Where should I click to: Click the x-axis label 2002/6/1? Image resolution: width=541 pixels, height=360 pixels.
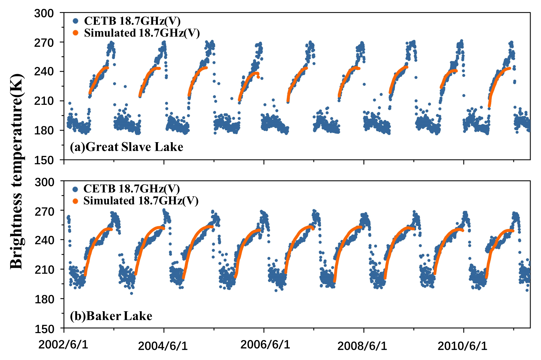pyautogui.click(x=63, y=344)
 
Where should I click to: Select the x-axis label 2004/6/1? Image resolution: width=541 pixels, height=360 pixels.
pyautogui.click(x=163, y=346)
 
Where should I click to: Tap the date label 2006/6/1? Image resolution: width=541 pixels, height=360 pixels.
pyautogui.click(x=265, y=344)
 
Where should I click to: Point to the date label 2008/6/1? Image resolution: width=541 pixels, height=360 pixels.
pyautogui.click(x=362, y=346)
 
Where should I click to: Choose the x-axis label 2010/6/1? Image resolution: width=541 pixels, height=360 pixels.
pyautogui.click(x=462, y=346)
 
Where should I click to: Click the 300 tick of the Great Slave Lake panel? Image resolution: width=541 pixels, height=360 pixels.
pyautogui.click(x=44, y=13)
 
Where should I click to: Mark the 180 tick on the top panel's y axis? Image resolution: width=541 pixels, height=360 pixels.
pyautogui.click(x=44, y=130)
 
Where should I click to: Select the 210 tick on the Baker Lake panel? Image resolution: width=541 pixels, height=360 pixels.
pyautogui.click(x=44, y=270)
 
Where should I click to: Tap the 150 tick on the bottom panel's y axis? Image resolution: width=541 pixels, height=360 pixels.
pyautogui.click(x=44, y=329)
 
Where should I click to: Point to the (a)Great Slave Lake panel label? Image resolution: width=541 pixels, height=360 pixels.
pyautogui.click(x=127, y=147)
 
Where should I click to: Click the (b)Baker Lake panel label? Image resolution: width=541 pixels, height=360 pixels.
pyautogui.click(x=111, y=316)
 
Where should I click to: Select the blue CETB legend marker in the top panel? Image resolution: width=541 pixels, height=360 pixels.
pyautogui.click(x=75, y=21)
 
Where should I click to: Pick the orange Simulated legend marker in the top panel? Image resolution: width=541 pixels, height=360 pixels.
pyautogui.click(x=75, y=33)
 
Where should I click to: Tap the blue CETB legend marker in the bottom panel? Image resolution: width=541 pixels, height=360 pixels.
pyautogui.click(x=75, y=189)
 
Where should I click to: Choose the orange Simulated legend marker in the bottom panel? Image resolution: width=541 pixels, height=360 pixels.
pyautogui.click(x=75, y=201)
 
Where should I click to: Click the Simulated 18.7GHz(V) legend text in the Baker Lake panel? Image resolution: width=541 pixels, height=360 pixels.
pyautogui.click(x=141, y=201)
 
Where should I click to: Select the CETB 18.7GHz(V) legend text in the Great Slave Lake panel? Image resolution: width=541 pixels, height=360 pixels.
pyautogui.click(x=132, y=21)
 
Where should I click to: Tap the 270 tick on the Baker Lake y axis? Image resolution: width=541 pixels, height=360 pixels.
pyautogui.click(x=44, y=211)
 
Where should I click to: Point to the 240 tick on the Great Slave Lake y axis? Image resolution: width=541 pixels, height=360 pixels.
pyautogui.click(x=44, y=72)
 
